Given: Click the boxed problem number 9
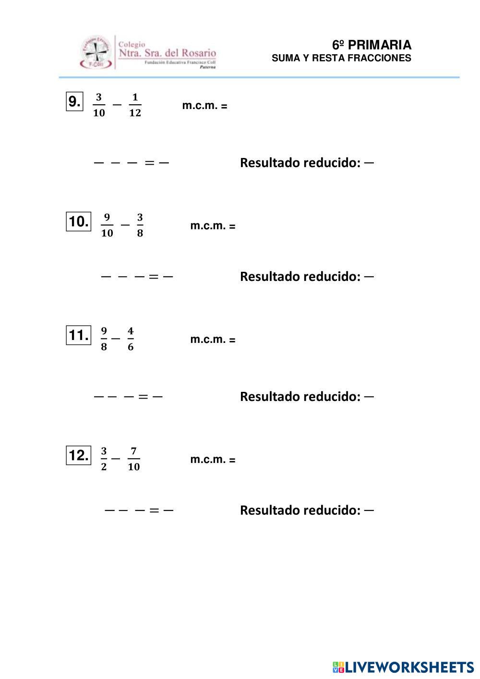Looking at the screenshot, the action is click(x=74, y=101).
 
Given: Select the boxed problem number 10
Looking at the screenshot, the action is click(x=78, y=221).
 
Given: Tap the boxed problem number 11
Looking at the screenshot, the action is click(x=78, y=335).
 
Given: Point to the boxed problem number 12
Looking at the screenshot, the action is click(x=78, y=455).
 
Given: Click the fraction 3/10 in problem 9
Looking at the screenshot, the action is click(x=99, y=105).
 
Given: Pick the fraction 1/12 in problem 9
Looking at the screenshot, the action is click(x=135, y=105).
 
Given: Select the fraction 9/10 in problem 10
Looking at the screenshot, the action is click(x=107, y=225).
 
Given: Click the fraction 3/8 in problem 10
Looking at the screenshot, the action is click(x=140, y=225).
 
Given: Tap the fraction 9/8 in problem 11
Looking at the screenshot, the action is click(x=104, y=339).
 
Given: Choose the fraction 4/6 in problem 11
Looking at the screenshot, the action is click(x=131, y=339).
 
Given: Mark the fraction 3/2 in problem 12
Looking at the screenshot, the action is click(x=104, y=459).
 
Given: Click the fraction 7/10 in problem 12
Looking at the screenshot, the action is click(x=133, y=459).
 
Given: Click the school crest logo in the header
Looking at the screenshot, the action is click(x=96, y=52).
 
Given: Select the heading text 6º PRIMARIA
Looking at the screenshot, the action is click(x=372, y=45).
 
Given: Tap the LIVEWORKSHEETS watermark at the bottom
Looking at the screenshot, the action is click(x=403, y=667).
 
